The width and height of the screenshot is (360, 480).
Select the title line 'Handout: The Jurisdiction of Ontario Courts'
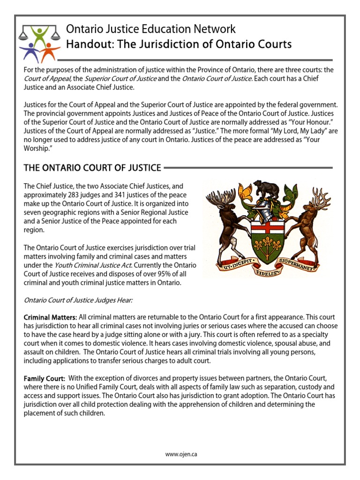[x=179, y=45]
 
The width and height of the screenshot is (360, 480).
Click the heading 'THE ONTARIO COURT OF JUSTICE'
[x=92, y=168]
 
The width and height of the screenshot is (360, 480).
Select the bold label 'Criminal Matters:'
[x=50, y=318]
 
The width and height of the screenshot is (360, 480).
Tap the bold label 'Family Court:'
[x=45, y=378]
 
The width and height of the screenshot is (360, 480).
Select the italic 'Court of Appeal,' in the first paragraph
[x=47, y=78]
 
